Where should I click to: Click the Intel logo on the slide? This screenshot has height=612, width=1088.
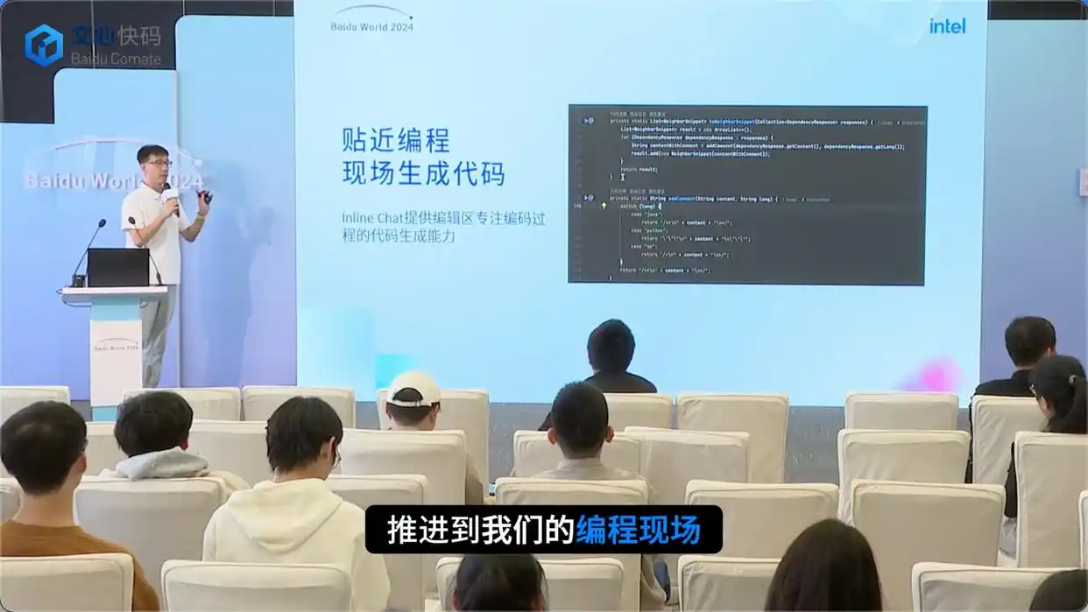947,25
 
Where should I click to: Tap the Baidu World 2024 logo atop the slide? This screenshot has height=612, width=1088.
371,19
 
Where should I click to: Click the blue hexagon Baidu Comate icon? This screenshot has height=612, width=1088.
44,45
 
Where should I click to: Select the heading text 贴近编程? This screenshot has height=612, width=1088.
395,140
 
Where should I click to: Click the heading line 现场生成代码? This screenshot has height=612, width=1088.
423,172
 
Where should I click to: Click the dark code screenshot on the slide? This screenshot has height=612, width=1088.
746,194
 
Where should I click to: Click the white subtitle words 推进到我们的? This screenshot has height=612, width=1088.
480,530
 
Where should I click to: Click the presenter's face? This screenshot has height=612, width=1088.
155,165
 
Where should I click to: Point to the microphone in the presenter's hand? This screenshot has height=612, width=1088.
169,195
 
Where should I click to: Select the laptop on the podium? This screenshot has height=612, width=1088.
117,267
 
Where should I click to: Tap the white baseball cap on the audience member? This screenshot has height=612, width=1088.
413,388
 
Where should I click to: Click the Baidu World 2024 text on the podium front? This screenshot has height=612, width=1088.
117,346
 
